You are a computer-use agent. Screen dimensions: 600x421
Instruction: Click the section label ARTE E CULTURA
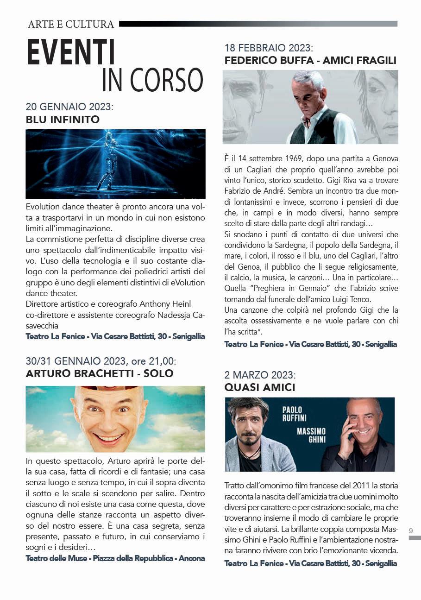[71, 24]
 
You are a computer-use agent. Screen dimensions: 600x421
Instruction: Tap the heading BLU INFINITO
[63, 120]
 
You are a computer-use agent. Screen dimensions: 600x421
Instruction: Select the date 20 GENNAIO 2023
[69, 107]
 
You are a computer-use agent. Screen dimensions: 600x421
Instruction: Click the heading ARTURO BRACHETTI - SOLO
[100, 373]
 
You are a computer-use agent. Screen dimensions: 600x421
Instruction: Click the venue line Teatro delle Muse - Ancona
[115, 558]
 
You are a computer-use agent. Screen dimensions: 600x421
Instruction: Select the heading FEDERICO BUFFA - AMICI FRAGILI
[310, 60]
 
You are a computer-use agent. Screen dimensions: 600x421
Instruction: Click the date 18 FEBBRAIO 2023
[269, 48]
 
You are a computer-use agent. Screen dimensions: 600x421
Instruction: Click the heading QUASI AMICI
[259, 387]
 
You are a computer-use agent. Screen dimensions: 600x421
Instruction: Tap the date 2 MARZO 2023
[259, 375]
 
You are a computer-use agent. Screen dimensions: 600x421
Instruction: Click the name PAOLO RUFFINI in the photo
[292, 413]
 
